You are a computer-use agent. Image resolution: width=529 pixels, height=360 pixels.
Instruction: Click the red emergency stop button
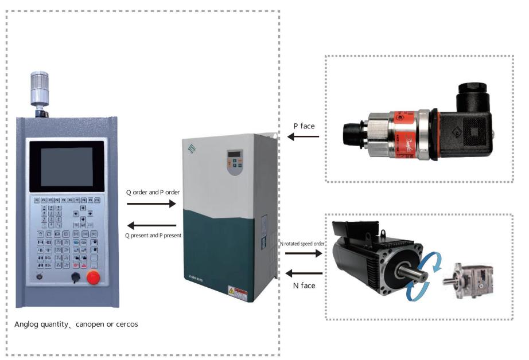[92, 277]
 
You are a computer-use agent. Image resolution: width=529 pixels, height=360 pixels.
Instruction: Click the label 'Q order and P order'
[153, 192]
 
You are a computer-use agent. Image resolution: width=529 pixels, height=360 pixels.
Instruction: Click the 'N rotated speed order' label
[303, 244]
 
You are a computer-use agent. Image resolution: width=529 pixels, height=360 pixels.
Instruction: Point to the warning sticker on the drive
[236, 294]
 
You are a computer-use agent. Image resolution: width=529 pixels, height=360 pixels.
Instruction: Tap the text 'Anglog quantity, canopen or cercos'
[76, 324]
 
